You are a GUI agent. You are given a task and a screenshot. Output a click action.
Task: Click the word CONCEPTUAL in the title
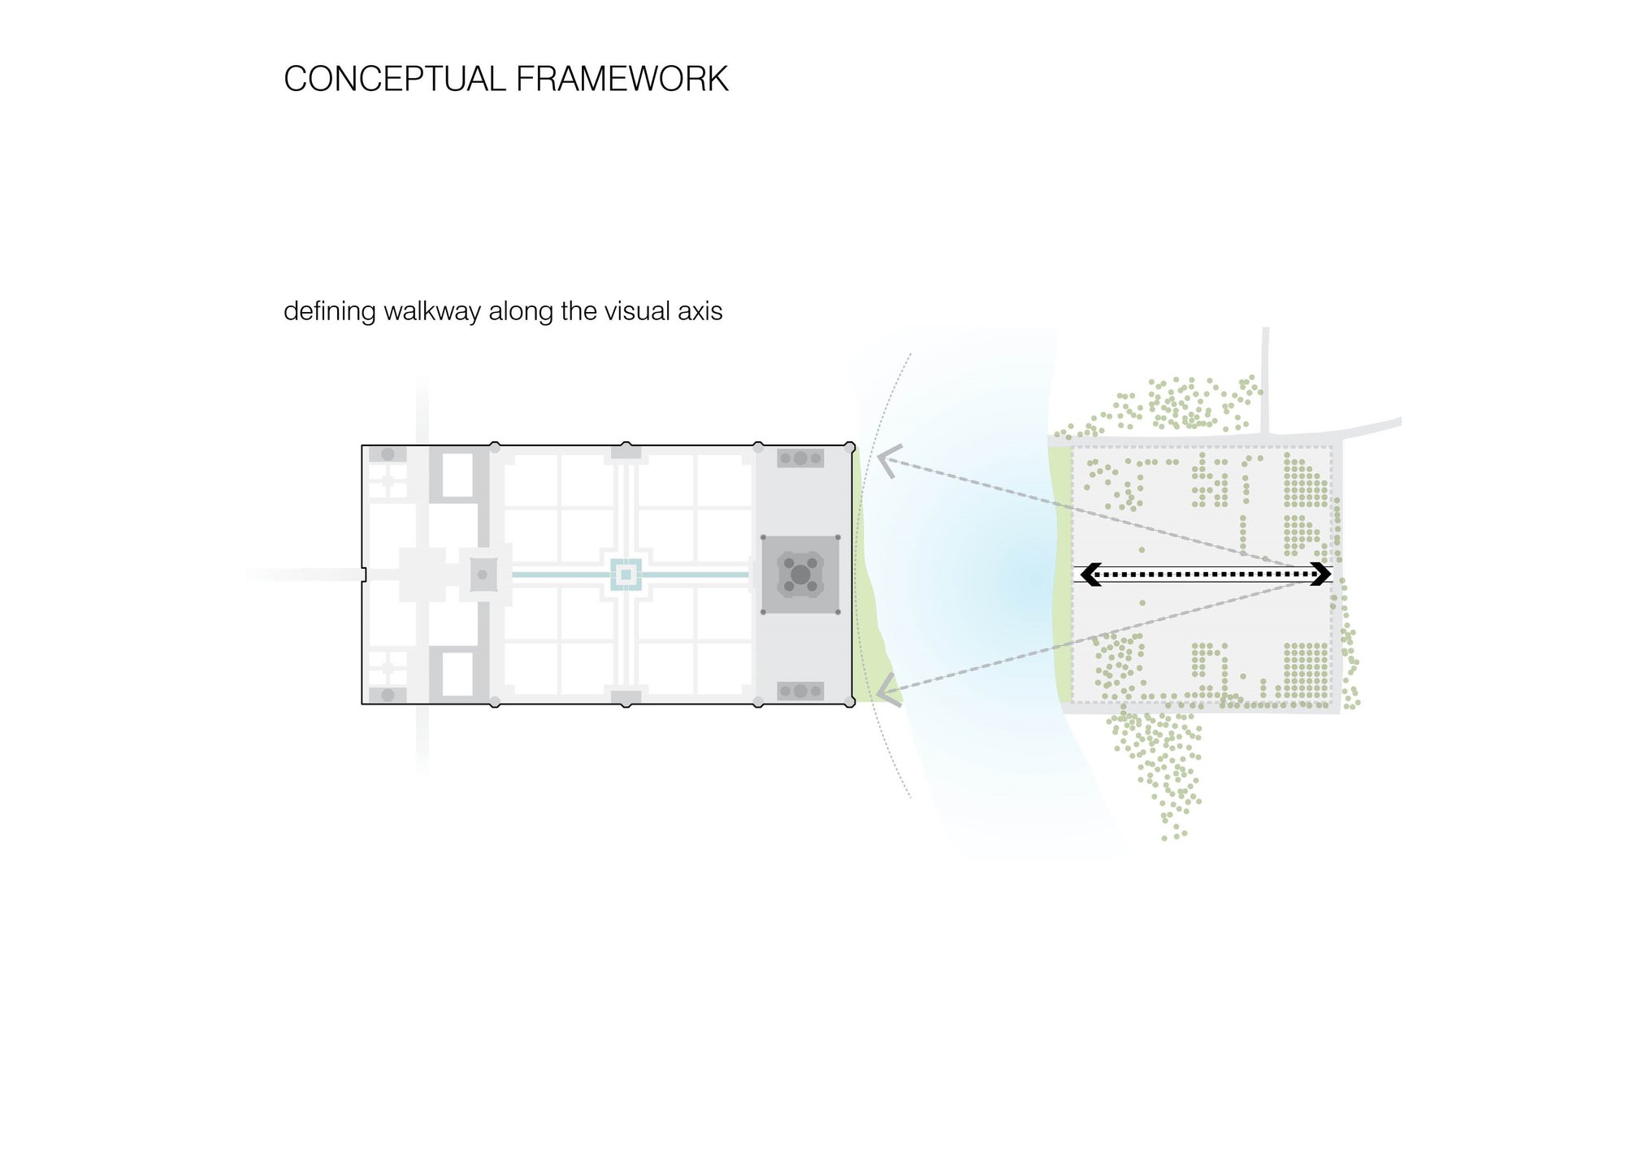[x=395, y=80]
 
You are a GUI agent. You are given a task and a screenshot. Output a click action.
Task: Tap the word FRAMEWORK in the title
[x=622, y=80]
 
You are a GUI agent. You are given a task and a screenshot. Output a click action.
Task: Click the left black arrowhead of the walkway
[x=1090, y=574]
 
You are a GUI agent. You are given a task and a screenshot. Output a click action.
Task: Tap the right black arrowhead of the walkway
[x=1321, y=574]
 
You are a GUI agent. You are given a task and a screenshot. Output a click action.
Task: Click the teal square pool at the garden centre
[x=626, y=574]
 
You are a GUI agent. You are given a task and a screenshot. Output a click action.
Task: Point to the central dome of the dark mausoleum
[x=800, y=574]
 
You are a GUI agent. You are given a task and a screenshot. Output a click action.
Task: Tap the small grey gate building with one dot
[x=483, y=574]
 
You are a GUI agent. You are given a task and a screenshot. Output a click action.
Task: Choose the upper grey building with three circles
[x=800, y=458]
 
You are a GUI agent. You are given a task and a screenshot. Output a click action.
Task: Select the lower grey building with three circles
[x=800, y=692]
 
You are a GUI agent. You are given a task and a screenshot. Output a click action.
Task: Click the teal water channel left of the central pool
[x=561, y=574]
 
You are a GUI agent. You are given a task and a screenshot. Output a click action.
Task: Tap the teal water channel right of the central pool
[x=695, y=574]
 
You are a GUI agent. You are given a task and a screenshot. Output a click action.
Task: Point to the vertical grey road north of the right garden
[x=1265, y=380]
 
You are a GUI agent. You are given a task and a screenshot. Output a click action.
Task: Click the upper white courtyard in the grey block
[x=457, y=475]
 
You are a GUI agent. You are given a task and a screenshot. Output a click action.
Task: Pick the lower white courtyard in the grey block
[x=457, y=674]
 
